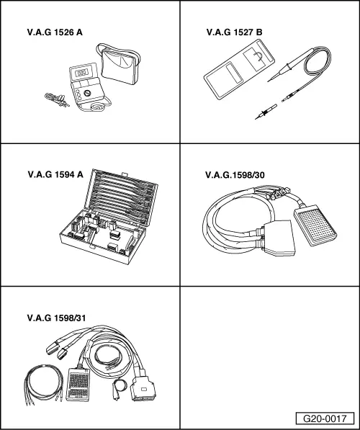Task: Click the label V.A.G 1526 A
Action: (55, 32)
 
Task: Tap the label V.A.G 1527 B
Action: (235, 32)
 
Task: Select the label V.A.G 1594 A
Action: (55, 175)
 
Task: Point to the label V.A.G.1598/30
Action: (235, 175)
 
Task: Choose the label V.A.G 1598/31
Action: (56, 318)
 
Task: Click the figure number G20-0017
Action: (325, 418)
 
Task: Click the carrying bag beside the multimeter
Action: (119, 64)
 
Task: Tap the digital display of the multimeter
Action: (81, 73)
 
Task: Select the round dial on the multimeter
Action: (87, 93)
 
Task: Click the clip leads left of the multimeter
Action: (57, 99)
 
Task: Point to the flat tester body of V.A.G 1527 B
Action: (239, 69)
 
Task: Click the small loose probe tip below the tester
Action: (266, 112)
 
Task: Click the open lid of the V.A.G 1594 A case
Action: (122, 197)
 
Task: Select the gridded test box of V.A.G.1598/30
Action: (315, 225)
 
